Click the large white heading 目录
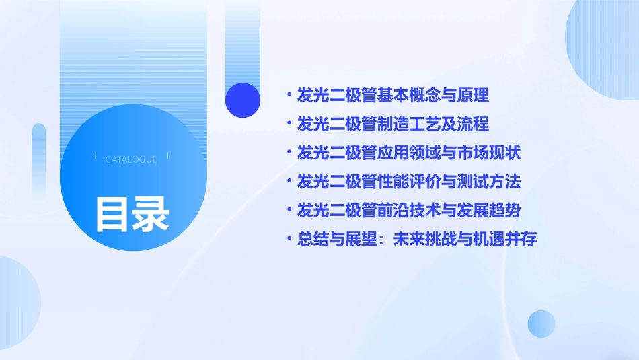[x=131, y=214]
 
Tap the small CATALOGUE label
[x=131, y=159]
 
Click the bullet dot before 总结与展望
[x=289, y=239]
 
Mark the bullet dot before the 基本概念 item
[x=289, y=96]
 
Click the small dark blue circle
[x=243, y=100]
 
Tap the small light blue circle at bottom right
[x=541, y=324]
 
